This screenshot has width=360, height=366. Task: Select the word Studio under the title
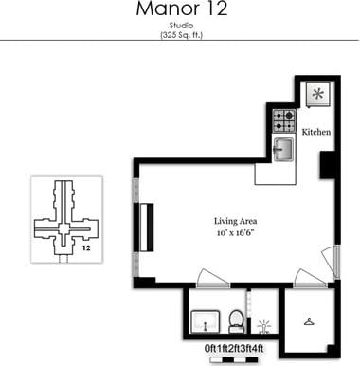(x=180, y=26)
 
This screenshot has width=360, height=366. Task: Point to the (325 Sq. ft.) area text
(x=180, y=35)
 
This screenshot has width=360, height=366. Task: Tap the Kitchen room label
(x=315, y=132)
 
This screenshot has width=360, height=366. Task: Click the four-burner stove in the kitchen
(x=284, y=121)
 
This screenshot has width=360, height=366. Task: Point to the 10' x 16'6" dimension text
(x=231, y=230)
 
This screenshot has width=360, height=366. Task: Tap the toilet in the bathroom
(x=237, y=320)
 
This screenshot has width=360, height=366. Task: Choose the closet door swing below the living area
(x=309, y=277)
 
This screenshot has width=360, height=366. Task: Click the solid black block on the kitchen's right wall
(x=328, y=165)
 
